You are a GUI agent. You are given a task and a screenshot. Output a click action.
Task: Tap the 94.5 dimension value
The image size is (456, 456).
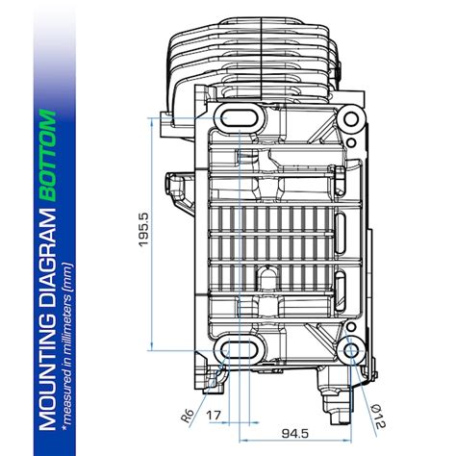pos(296,433)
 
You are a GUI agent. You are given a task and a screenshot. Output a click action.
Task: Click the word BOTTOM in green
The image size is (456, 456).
pos(47,158)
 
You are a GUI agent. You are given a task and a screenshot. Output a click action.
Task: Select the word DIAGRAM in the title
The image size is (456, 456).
pos(47,257)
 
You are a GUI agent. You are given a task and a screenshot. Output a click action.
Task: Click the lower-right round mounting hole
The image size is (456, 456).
pos(350,346)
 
